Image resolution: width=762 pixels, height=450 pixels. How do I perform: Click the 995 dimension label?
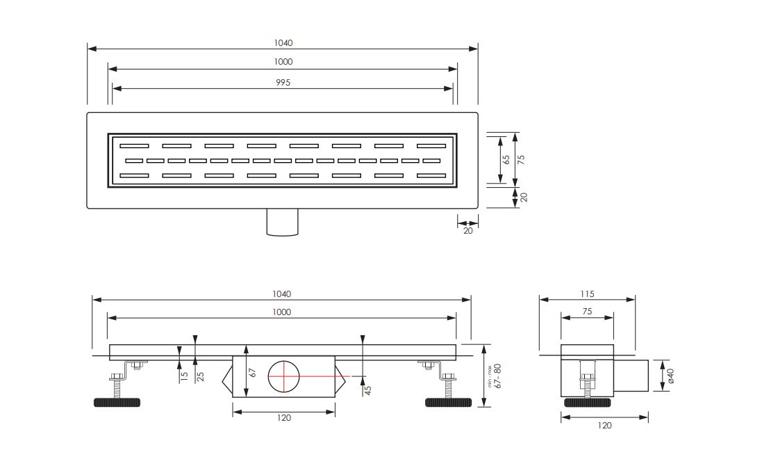click(x=283, y=83)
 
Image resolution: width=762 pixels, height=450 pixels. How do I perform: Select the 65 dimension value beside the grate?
click(x=506, y=159)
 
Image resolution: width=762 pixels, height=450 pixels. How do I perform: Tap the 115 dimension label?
click(x=587, y=294)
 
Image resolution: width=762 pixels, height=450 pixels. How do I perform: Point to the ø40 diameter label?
click(x=670, y=376)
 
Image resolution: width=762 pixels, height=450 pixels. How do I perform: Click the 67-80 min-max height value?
click(x=497, y=376)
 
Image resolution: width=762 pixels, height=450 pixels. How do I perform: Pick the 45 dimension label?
click(x=368, y=390)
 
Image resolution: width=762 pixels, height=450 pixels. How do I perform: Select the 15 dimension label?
click(x=184, y=376)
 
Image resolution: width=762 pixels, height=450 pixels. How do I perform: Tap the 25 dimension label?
click(x=200, y=376)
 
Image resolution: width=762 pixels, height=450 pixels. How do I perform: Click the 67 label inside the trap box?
click(x=253, y=373)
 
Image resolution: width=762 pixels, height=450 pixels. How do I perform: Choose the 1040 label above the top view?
click(x=283, y=43)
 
